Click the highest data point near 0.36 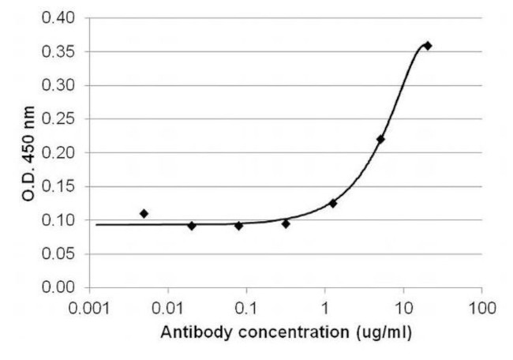[x=428, y=46]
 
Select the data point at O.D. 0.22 [x=380, y=140]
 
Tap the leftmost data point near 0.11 [x=144, y=213]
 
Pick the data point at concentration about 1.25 [x=333, y=203]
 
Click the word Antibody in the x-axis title [x=192, y=332]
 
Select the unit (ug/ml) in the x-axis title [x=384, y=332]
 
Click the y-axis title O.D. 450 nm [x=29, y=152]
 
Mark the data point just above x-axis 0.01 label [x=191, y=226]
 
